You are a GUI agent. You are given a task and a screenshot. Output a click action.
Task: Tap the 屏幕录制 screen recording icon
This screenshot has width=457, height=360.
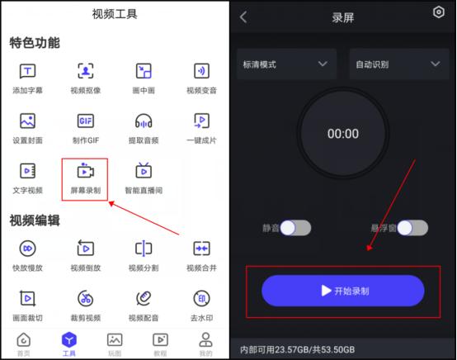point(86,171)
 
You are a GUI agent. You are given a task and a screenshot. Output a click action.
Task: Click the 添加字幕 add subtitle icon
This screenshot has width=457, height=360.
point(28,71)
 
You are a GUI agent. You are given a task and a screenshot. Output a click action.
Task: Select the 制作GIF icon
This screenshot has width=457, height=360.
point(86,121)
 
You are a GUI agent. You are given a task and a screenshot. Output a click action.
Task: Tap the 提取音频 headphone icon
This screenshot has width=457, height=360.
point(144,121)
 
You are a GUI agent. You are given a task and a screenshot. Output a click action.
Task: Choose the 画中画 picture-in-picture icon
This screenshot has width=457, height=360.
point(144,71)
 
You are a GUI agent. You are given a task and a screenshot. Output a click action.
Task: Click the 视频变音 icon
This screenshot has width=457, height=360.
point(200,71)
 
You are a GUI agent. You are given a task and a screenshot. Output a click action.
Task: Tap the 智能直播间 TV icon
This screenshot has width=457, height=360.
point(144,171)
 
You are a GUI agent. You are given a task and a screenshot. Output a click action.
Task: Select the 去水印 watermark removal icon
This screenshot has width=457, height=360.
point(200,297)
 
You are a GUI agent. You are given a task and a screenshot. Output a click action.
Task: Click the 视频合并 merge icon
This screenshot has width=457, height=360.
point(200,249)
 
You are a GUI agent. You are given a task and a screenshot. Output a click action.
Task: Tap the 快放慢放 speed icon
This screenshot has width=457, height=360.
point(28,249)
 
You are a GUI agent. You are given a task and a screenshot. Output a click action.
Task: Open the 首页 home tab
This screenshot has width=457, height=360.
point(24,339)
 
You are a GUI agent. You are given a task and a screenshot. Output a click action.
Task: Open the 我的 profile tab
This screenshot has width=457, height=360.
point(205,339)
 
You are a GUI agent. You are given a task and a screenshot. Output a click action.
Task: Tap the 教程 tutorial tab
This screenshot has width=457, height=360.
point(160,339)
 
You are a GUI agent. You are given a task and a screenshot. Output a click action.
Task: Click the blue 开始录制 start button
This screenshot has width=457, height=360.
point(342,291)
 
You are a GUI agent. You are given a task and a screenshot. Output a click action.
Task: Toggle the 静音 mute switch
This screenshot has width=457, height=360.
point(295,228)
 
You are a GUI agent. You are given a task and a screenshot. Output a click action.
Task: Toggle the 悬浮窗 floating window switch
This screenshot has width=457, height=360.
point(412,228)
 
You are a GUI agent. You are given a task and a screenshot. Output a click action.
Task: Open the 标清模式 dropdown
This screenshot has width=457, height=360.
point(285,64)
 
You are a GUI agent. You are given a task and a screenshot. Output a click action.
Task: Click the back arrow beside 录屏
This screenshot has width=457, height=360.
point(243,17)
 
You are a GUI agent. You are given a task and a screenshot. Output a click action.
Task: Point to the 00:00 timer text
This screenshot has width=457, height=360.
point(342,134)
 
